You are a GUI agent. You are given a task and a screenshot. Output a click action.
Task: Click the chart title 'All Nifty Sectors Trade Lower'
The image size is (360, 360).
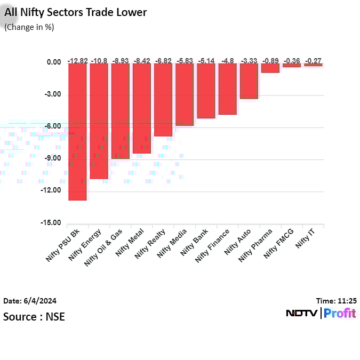tap(75, 12)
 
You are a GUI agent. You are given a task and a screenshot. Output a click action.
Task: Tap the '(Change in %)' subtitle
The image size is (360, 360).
tap(29, 27)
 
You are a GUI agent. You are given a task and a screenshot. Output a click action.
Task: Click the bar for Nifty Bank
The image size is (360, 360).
tap(206, 91)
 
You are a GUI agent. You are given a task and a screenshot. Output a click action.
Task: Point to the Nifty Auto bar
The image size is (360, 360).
tap(249, 81)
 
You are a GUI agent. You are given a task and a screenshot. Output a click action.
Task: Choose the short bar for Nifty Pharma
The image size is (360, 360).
tap(270, 68)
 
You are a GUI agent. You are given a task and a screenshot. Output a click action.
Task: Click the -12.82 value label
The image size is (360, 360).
tap(77, 61)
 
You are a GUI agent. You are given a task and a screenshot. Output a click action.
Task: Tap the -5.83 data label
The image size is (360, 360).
tap(185, 61)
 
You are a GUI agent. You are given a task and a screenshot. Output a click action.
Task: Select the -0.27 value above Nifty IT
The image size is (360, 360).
tap(313, 61)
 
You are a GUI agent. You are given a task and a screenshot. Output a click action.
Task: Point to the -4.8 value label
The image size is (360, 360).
tap(227, 61)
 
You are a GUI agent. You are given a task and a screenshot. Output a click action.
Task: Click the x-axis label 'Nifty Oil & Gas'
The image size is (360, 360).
tap(105, 248)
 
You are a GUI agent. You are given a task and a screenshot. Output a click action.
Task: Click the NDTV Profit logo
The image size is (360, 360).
tap(321, 314)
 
